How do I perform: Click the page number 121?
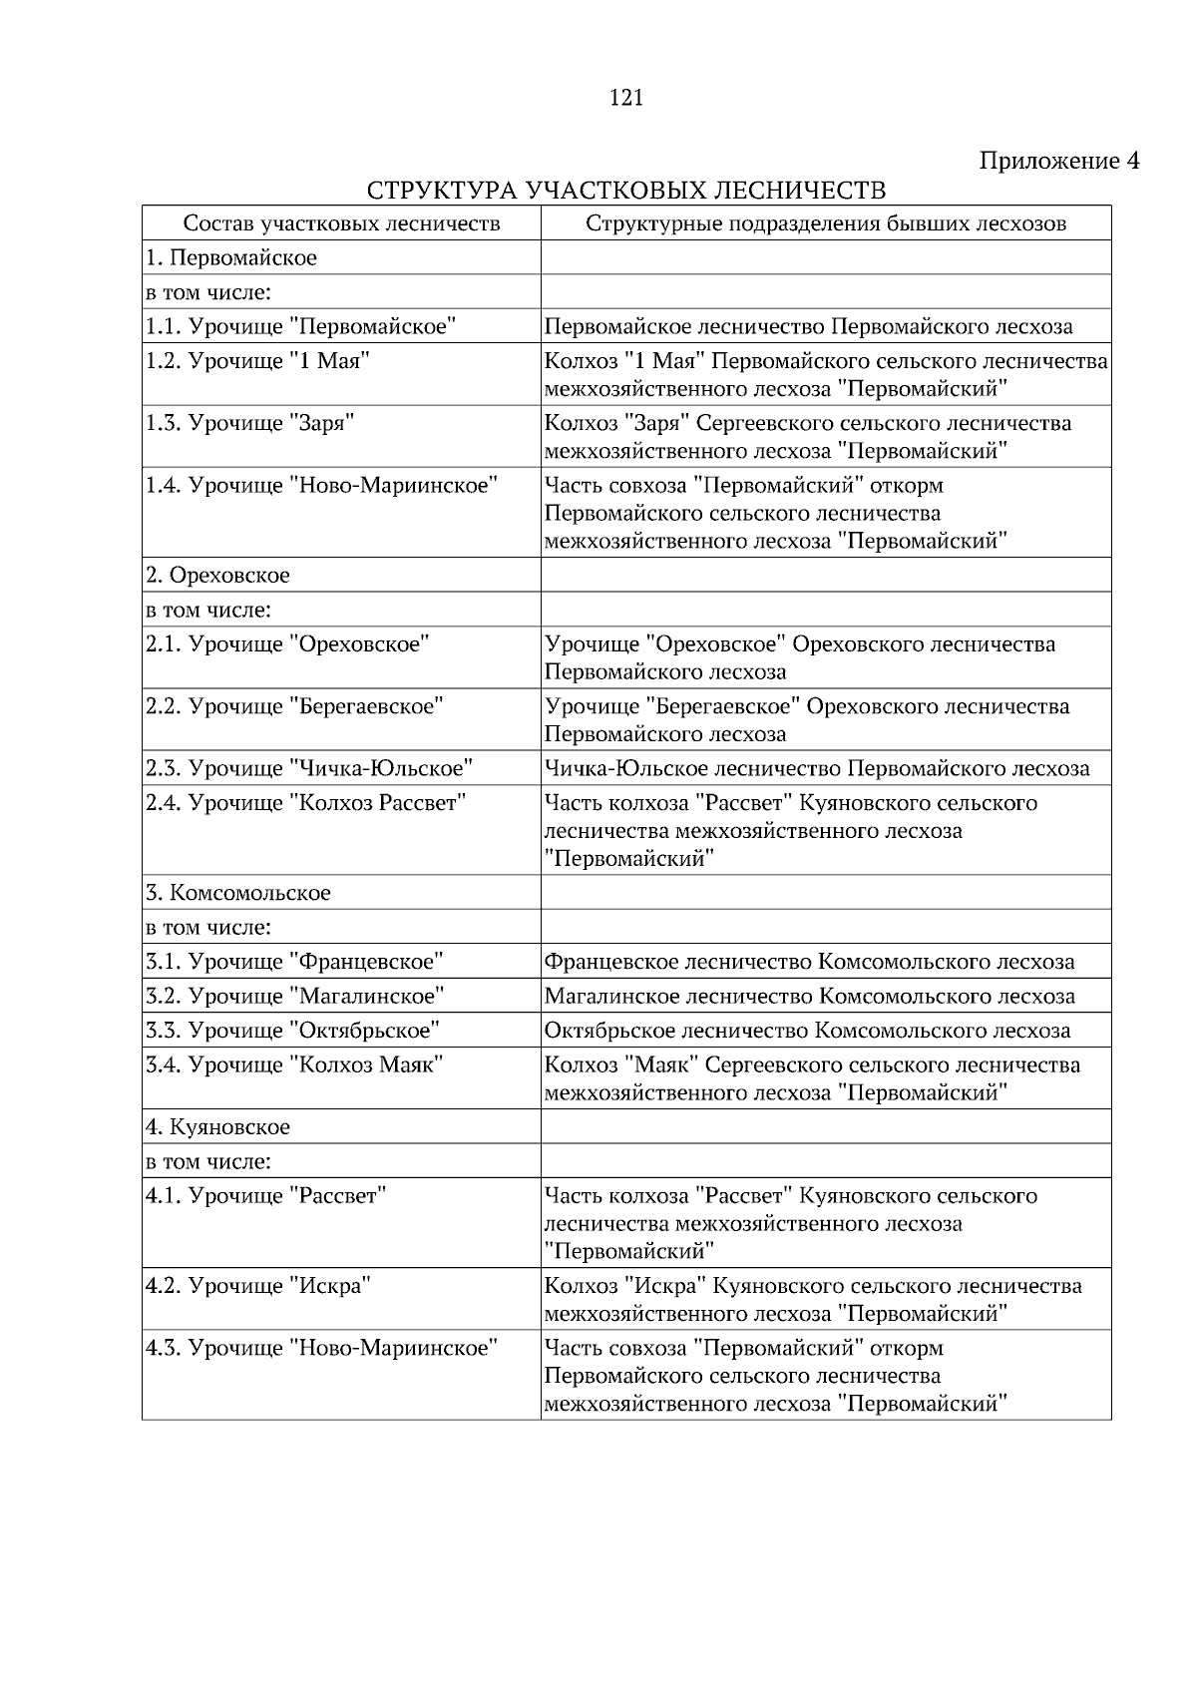click(625, 98)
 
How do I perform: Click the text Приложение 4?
click(1058, 161)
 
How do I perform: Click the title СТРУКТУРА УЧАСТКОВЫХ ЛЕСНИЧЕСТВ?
click(625, 191)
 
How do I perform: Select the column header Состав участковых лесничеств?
click(341, 223)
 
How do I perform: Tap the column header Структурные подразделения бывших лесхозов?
click(825, 223)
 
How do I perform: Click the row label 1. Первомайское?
click(231, 258)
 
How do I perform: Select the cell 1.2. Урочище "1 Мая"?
click(257, 361)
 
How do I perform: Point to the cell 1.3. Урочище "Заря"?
click(250, 423)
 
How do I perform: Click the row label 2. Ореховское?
click(218, 576)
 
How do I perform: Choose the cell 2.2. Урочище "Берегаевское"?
click(294, 706)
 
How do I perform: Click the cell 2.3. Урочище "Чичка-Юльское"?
click(308, 768)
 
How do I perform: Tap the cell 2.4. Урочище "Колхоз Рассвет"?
click(305, 803)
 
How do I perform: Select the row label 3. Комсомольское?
click(238, 893)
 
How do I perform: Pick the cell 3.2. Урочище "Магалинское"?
click(294, 996)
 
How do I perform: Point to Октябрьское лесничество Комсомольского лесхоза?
click(807, 1031)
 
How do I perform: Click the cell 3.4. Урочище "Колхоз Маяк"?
click(294, 1064)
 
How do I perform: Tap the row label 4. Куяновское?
click(218, 1127)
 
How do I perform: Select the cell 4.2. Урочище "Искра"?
click(257, 1285)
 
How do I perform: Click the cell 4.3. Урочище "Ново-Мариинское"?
click(320, 1348)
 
